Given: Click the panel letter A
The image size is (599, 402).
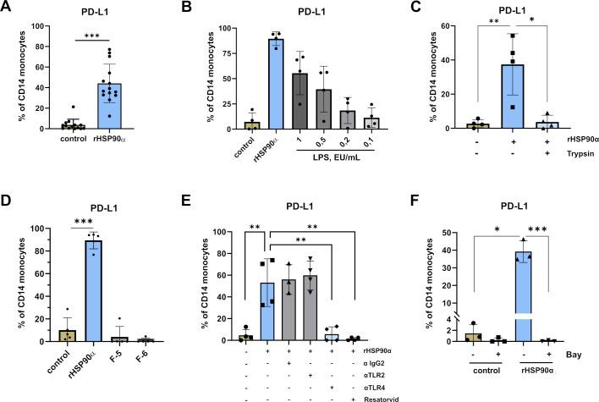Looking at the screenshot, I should [x=8, y=8].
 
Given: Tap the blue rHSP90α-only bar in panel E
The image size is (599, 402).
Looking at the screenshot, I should [x=270, y=312].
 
